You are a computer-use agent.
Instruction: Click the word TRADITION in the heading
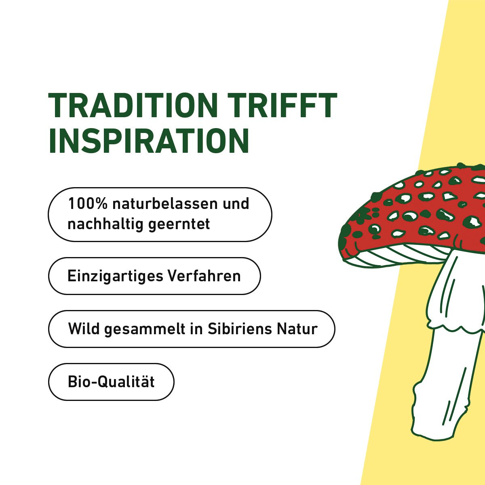click(x=133, y=105)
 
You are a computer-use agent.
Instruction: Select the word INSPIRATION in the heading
click(x=149, y=141)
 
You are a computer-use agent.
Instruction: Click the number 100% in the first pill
click(x=88, y=203)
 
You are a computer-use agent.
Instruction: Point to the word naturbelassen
click(x=165, y=203)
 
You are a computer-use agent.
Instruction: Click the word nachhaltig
click(x=105, y=224)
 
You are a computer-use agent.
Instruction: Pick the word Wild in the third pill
click(x=84, y=329)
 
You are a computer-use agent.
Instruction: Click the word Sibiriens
click(x=240, y=329)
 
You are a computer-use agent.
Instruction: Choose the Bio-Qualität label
click(x=111, y=382)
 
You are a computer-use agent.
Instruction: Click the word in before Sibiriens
click(x=196, y=329)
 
